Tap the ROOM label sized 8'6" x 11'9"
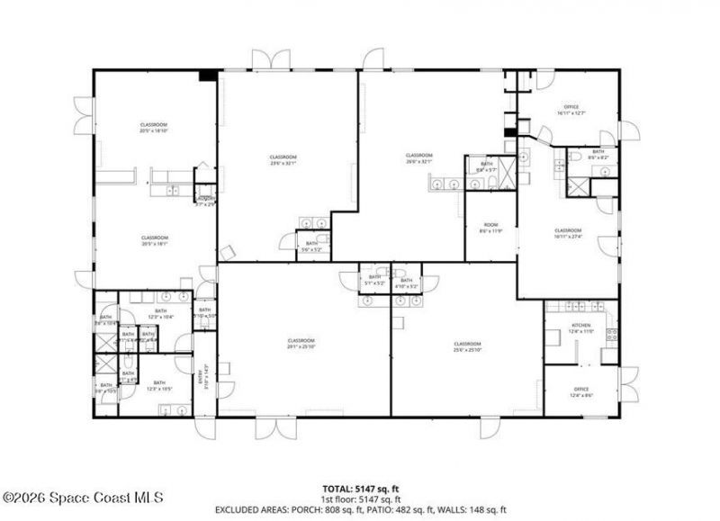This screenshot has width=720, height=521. point(490,227)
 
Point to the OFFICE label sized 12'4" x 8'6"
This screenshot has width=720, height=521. point(580,391)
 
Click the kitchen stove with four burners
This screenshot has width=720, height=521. point(612,336)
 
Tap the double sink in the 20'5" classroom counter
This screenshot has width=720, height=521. point(173,191)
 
